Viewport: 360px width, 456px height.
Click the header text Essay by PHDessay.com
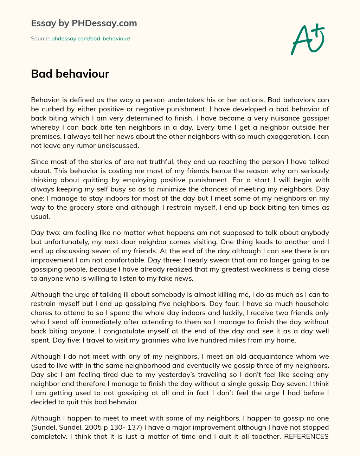[84, 23]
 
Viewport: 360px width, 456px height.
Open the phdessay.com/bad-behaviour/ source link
[91, 39]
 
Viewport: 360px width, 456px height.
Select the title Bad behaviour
[70, 74]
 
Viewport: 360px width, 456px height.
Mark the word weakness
[273, 269]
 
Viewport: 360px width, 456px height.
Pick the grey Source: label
[40, 39]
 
